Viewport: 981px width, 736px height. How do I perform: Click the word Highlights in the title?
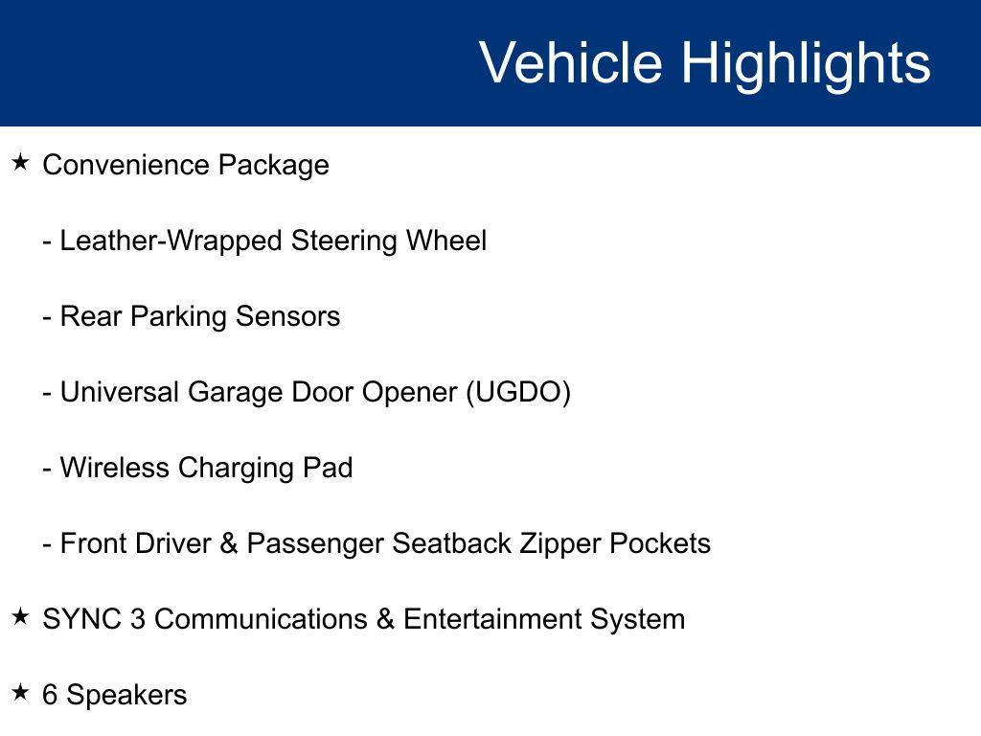click(x=806, y=63)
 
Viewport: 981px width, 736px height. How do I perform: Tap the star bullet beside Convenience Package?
click(x=20, y=163)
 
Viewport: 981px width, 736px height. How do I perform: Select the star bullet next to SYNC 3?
click(x=20, y=617)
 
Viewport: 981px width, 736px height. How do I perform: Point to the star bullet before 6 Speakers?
click(x=20, y=693)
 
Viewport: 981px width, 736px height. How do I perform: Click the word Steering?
click(x=344, y=241)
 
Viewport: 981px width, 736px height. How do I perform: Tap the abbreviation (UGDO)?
click(x=518, y=392)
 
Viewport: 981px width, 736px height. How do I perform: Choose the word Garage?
click(x=236, y=392)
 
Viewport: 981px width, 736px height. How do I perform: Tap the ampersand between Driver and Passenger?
click(x=228, y=543)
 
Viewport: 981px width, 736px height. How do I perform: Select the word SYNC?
click(x=81, y=619)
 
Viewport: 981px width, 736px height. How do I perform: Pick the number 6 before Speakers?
click(x=50, y=695)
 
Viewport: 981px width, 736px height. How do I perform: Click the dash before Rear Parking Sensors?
click(x=46, y=317)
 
